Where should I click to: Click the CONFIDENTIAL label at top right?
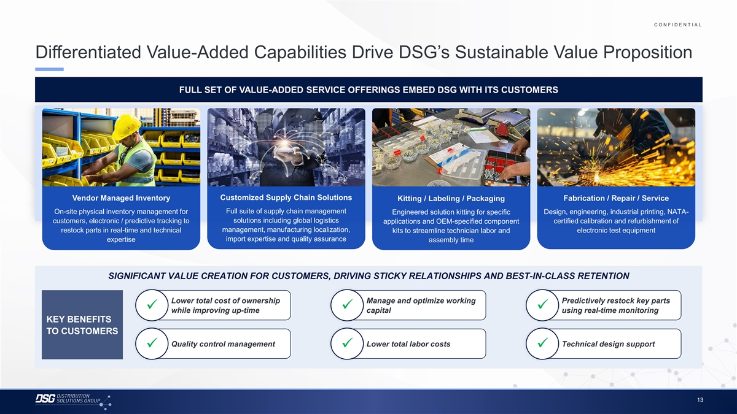point(678,25)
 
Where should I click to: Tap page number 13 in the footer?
point(700,399)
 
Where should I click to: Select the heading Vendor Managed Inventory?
point(121,197)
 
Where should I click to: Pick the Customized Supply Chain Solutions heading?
point(286,197)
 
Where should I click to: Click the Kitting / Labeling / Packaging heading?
point(451,199)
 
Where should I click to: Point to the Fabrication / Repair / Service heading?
point(616,198)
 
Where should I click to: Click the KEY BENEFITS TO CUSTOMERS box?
point(82,324)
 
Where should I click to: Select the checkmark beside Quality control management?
point(152,343)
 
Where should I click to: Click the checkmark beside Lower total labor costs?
point(347,343)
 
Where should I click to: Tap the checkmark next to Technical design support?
point(542,343)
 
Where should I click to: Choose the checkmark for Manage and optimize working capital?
point(347,305)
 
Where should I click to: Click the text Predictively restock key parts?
point(615,301)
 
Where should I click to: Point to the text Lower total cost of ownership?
point(225,301)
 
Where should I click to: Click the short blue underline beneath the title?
point(49,69)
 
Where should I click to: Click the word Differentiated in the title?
point(88,52)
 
